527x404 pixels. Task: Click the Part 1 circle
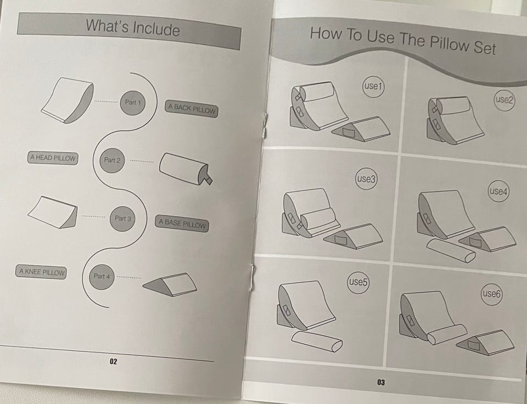[x=133, y=103]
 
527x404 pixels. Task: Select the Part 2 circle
[x=112, y=161]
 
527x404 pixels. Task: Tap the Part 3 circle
[x=122, y=219]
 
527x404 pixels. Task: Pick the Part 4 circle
[x=102, y=277]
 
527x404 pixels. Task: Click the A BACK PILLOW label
[x=191, y=109]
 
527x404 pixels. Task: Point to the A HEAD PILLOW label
[x=53, y=158]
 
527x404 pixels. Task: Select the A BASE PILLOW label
[x=182, y=223]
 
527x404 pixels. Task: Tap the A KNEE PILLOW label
[x=41, y=272]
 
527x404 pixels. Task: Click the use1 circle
[x=373, y=86]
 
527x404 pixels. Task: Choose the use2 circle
[x=504, y=99]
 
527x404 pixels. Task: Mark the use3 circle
[x=366, y=179]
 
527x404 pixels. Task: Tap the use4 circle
[x=498, y=191]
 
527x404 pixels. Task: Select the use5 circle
[x=358, y=282]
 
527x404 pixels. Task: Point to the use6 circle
[x=491, y=294]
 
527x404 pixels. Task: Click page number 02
[x=113, y=362]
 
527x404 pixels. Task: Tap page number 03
[x=381, y=382]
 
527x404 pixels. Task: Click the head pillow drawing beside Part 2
[x=186, y=170]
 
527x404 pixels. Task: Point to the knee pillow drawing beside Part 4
[x=170, y=284]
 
